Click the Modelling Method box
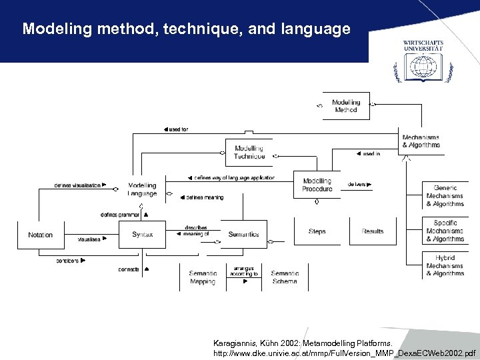tap(345, 106)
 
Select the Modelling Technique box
tap(249, 152)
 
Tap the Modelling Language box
tap(142, 189)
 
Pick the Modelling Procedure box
tap(317, 185)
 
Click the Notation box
tap(40, 235)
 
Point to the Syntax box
tap(142, 235)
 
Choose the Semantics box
tap(243, 235)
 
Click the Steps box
tap(317, 231)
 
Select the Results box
tap(373, 231)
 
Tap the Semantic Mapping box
tap(203, 277)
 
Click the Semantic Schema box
tap(285, 277)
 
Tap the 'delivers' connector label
tap(358, 185)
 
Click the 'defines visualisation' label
tap(79, 185)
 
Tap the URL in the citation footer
tap(345, 351)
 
